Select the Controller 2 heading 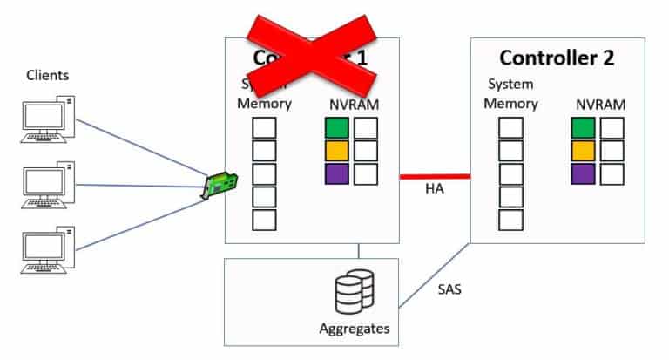pos(557,58)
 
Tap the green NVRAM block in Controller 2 pos(583,128)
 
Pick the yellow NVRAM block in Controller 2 pos(583,151)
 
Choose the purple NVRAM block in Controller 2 pos(583,173)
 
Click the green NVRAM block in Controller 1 pos(336,128)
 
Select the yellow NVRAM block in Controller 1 pos(336,151)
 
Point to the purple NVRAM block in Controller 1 pos(336,173)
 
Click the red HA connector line pos(435,176)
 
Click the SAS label pos(449,289)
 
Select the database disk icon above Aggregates pos(355,293)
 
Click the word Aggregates pos(355,329)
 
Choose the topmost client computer pos(47,119)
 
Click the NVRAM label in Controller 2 pos(600,104)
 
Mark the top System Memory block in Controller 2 pos(510,128)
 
